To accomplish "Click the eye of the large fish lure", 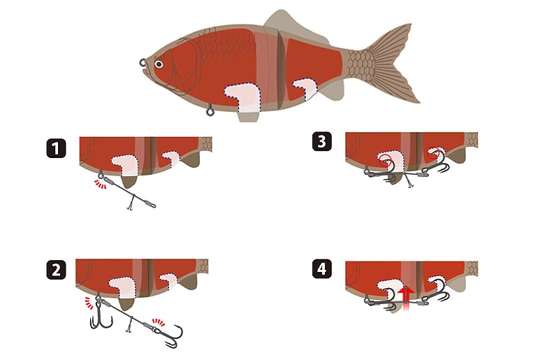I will coord(159,64).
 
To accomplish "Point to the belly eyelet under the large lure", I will coord(210,110).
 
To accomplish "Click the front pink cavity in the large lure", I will coord(241,96).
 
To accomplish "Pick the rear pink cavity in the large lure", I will coord(305,87).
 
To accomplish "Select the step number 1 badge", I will coord(56,148).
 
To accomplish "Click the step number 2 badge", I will coord(56,269).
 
